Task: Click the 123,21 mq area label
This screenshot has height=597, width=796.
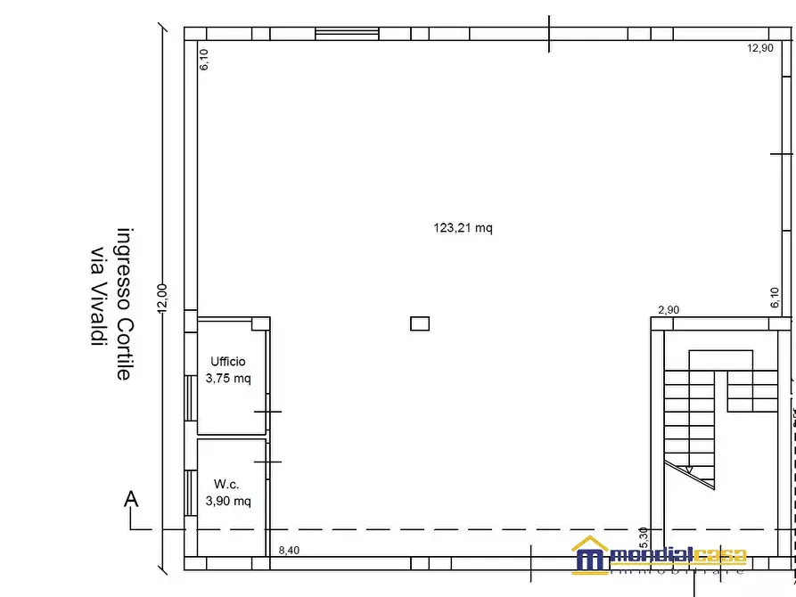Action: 463,228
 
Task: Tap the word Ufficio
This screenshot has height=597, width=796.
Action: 227,362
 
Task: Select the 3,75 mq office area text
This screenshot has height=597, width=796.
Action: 228,378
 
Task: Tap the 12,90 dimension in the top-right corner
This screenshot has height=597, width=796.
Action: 759,49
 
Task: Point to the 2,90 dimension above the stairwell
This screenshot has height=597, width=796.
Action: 668,310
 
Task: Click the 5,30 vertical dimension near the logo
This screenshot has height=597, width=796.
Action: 644,562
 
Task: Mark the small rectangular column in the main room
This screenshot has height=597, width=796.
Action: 420,324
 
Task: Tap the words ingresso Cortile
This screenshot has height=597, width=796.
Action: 125,304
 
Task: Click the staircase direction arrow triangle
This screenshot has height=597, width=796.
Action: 687,494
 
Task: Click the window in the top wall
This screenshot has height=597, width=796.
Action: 347,34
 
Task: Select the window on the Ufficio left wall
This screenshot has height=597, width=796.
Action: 190,397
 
